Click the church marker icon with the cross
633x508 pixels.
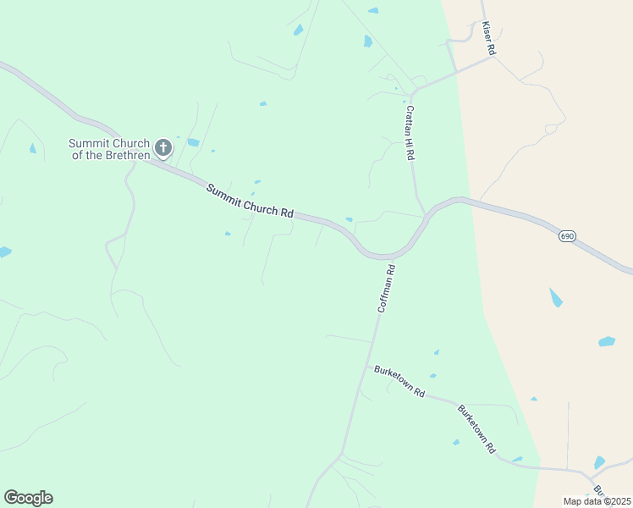tap(162, 147)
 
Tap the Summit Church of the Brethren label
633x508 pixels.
tap(109, 149)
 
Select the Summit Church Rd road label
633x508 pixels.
tap(250, 201)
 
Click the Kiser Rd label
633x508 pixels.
tap(488, 39)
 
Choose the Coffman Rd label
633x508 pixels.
tap(387, 289)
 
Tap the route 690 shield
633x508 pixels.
tap(567, 236)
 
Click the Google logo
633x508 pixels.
tap(28, 498)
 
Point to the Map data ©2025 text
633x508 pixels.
tap(597, 501)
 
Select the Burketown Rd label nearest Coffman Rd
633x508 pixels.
tap(399, 381)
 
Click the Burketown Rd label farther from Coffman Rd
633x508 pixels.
tap(476, 429)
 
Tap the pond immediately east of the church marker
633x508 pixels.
tap(193, 142)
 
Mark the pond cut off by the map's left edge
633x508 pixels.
tap(4, 251)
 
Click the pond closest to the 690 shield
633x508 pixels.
tap(555, 297)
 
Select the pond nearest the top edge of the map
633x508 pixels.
tap(373, 11)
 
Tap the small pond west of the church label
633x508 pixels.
tap(33, 149)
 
